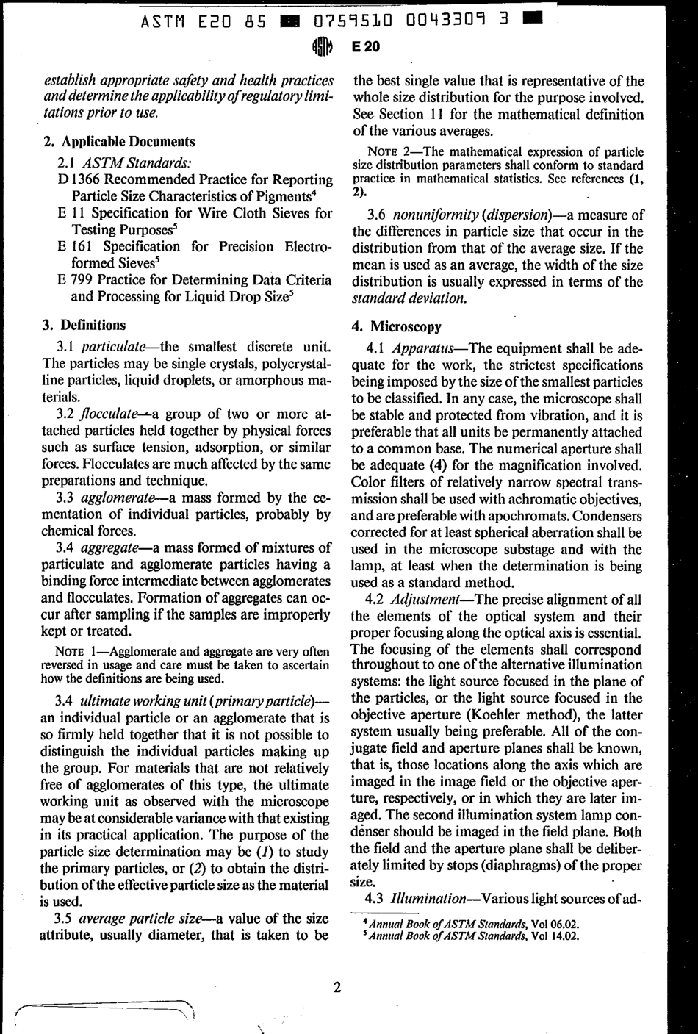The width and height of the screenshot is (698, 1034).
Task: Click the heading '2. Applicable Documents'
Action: click(119, 142)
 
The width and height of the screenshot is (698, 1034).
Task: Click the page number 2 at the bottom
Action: click(337, 986)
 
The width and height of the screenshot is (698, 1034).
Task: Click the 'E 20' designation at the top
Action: click(366, 47)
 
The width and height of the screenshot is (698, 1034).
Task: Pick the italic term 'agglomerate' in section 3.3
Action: click(118, 498)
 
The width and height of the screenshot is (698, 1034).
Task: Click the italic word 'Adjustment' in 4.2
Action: click(428, 598)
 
